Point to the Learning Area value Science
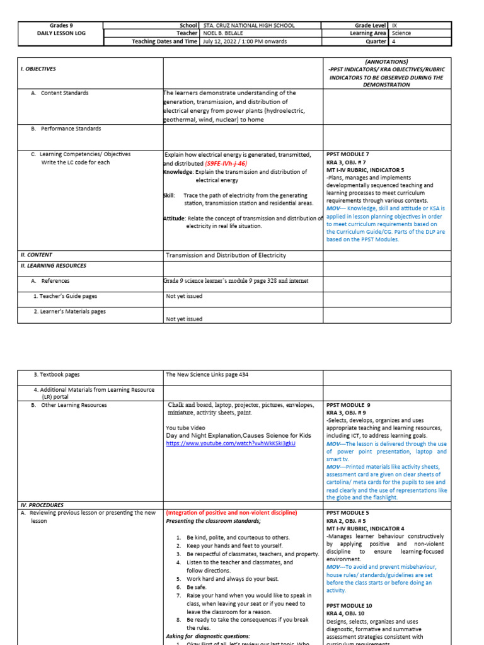402,33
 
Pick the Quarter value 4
394,42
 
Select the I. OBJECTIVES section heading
38,69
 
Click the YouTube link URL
231,443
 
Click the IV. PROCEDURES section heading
42,505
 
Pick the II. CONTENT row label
37,255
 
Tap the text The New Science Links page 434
207,374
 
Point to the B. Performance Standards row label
71,128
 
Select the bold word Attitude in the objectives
174,218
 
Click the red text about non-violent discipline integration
231,513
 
